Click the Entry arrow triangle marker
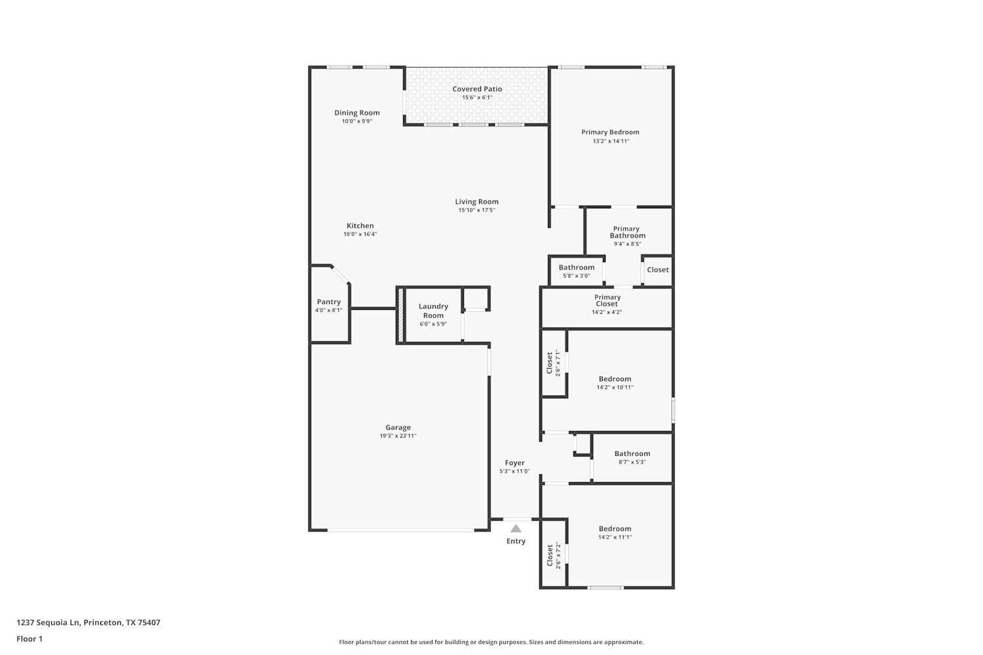[x=516, y=529]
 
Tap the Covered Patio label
[x=477, y=89]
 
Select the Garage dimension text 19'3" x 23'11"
[x=398, y=436]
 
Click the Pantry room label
[x=329, y=302]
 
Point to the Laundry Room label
[x=433, y=310]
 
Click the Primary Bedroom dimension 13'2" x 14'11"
[x=611, y=141]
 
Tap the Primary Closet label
[x=607, y=301]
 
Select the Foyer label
[x=514, y=463]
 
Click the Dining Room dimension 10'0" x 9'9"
[x=357, y=121]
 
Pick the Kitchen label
[x=360, y=225]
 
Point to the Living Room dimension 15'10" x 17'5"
[x=476, y=210]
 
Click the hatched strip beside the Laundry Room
[x=400, y=314]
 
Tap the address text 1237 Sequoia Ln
[x=48, y=622]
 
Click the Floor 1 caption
[x=29, y=639]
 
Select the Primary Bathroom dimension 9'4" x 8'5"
[x=628, y=244]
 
